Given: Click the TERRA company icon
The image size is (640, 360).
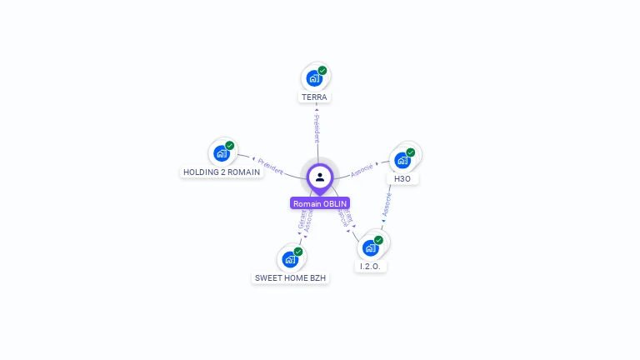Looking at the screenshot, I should coord(313,78).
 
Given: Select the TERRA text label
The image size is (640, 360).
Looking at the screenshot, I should coord(315,97).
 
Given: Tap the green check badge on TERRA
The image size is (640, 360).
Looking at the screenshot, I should coord(322,71).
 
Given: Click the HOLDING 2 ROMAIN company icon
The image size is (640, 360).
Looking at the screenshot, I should coord(221,153).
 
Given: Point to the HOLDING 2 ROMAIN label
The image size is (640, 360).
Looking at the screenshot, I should coord(221,172).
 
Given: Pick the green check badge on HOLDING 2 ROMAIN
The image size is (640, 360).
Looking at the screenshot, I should coord(230,146).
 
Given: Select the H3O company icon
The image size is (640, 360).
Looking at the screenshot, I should coord(402,160).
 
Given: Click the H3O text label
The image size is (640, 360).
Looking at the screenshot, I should coord(402,179).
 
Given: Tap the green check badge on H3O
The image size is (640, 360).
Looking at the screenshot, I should coord(411,152).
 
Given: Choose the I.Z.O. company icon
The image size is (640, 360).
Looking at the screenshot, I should coord(370,247).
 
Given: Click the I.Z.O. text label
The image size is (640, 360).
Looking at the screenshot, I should coord(371,267).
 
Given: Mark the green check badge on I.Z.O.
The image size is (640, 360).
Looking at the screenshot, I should coord(378,240).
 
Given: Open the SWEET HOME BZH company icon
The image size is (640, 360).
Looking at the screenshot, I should coord(289,259).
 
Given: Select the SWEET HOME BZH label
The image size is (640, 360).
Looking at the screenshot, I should coord(290,278).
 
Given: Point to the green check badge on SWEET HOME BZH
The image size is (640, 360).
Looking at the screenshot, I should coord(298,252).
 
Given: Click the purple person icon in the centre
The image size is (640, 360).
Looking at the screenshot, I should coord(320,177).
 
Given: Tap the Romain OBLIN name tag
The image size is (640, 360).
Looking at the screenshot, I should coord(320,203).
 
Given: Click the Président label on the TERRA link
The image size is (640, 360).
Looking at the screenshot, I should coord(317,128).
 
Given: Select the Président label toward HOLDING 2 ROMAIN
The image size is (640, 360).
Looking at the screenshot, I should coord(268,165).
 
